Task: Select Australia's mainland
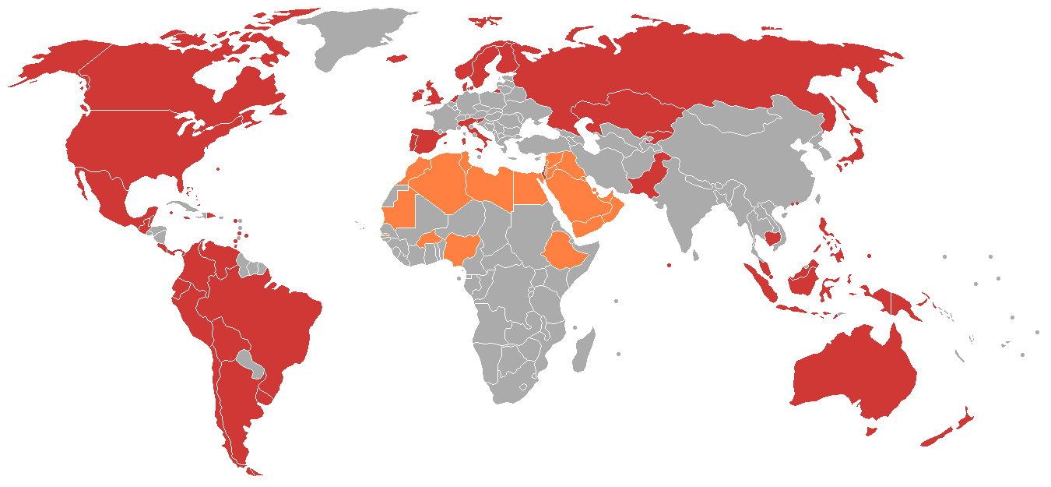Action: (852, 374)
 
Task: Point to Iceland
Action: (397, 58)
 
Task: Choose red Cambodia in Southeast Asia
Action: (773, 237)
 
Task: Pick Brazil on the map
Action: (272, 312)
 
